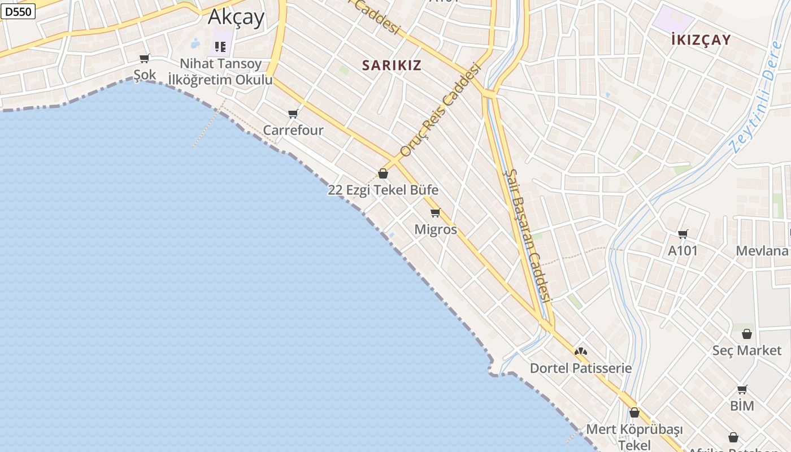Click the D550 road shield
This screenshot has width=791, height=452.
click(18, 11)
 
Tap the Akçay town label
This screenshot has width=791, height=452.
click(236, 17)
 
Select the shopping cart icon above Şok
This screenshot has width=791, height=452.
click(145, 58)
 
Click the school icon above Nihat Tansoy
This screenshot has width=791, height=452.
click(220, 46)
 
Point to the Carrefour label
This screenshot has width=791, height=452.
click(293, 130)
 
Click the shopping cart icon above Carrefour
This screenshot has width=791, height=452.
click(293, 114)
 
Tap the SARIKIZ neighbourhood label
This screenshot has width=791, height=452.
click(392, 65)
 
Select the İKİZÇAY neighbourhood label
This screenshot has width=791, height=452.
click(701, 40)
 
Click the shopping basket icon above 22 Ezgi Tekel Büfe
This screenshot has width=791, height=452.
click(383, 173)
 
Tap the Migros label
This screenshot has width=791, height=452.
click(436, 229)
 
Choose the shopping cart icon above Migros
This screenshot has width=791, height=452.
click(435, 213)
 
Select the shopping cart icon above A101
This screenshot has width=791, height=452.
click(683, 234)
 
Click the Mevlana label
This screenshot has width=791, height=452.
click(762, 251)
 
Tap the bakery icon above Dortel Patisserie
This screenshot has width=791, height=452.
click(580, 351)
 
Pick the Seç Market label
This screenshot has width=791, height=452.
click(746, 350)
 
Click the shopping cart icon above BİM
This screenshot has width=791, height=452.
click(742, 390)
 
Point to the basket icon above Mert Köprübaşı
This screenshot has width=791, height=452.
click(634, 413)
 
